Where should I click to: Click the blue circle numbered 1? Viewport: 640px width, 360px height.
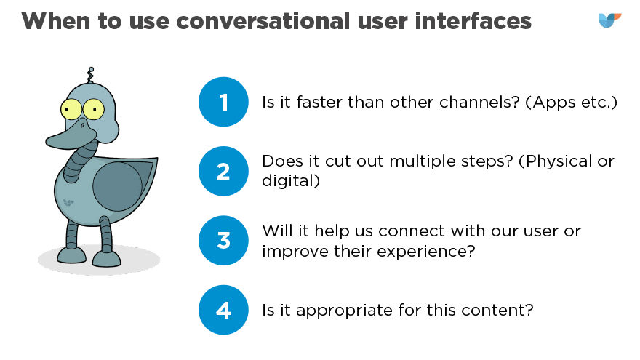point(223,102)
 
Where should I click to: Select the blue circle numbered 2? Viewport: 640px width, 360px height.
point(223,171)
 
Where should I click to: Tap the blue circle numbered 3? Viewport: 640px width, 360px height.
point(223,241)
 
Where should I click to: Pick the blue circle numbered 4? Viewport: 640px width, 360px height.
point(223,310)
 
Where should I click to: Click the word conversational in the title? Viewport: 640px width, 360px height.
point(263,21)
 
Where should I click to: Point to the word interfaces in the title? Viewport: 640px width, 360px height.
point(473,21)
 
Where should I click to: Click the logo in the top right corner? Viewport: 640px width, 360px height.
point(610,20)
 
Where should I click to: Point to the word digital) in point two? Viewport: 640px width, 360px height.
point(291,181)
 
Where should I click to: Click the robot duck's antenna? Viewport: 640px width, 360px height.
point(90,75)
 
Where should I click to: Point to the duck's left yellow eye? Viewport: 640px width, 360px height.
point(71,109)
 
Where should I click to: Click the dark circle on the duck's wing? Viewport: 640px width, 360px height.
point(117,186)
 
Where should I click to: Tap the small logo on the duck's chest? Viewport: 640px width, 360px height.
point(68,202)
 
